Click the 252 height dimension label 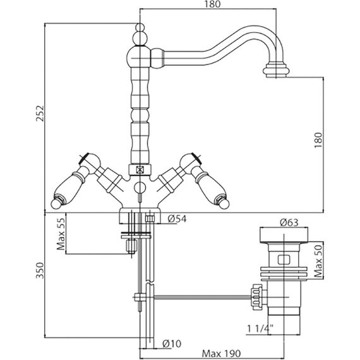tap(40, 113)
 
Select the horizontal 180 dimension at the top tap(212, 4)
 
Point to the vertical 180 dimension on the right tap(318, 140)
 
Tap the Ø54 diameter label tap(177, 219)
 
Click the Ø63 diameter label tap(289, 222)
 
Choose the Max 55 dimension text tap(61, 234)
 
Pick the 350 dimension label tap(40, 271)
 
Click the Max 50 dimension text tap(318, 261)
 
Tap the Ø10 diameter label tap(172, 344)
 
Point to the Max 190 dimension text tap(221, 354)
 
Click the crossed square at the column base tap(140, 170)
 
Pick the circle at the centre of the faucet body tap(140, 188)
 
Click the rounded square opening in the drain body tap(284, 260)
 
